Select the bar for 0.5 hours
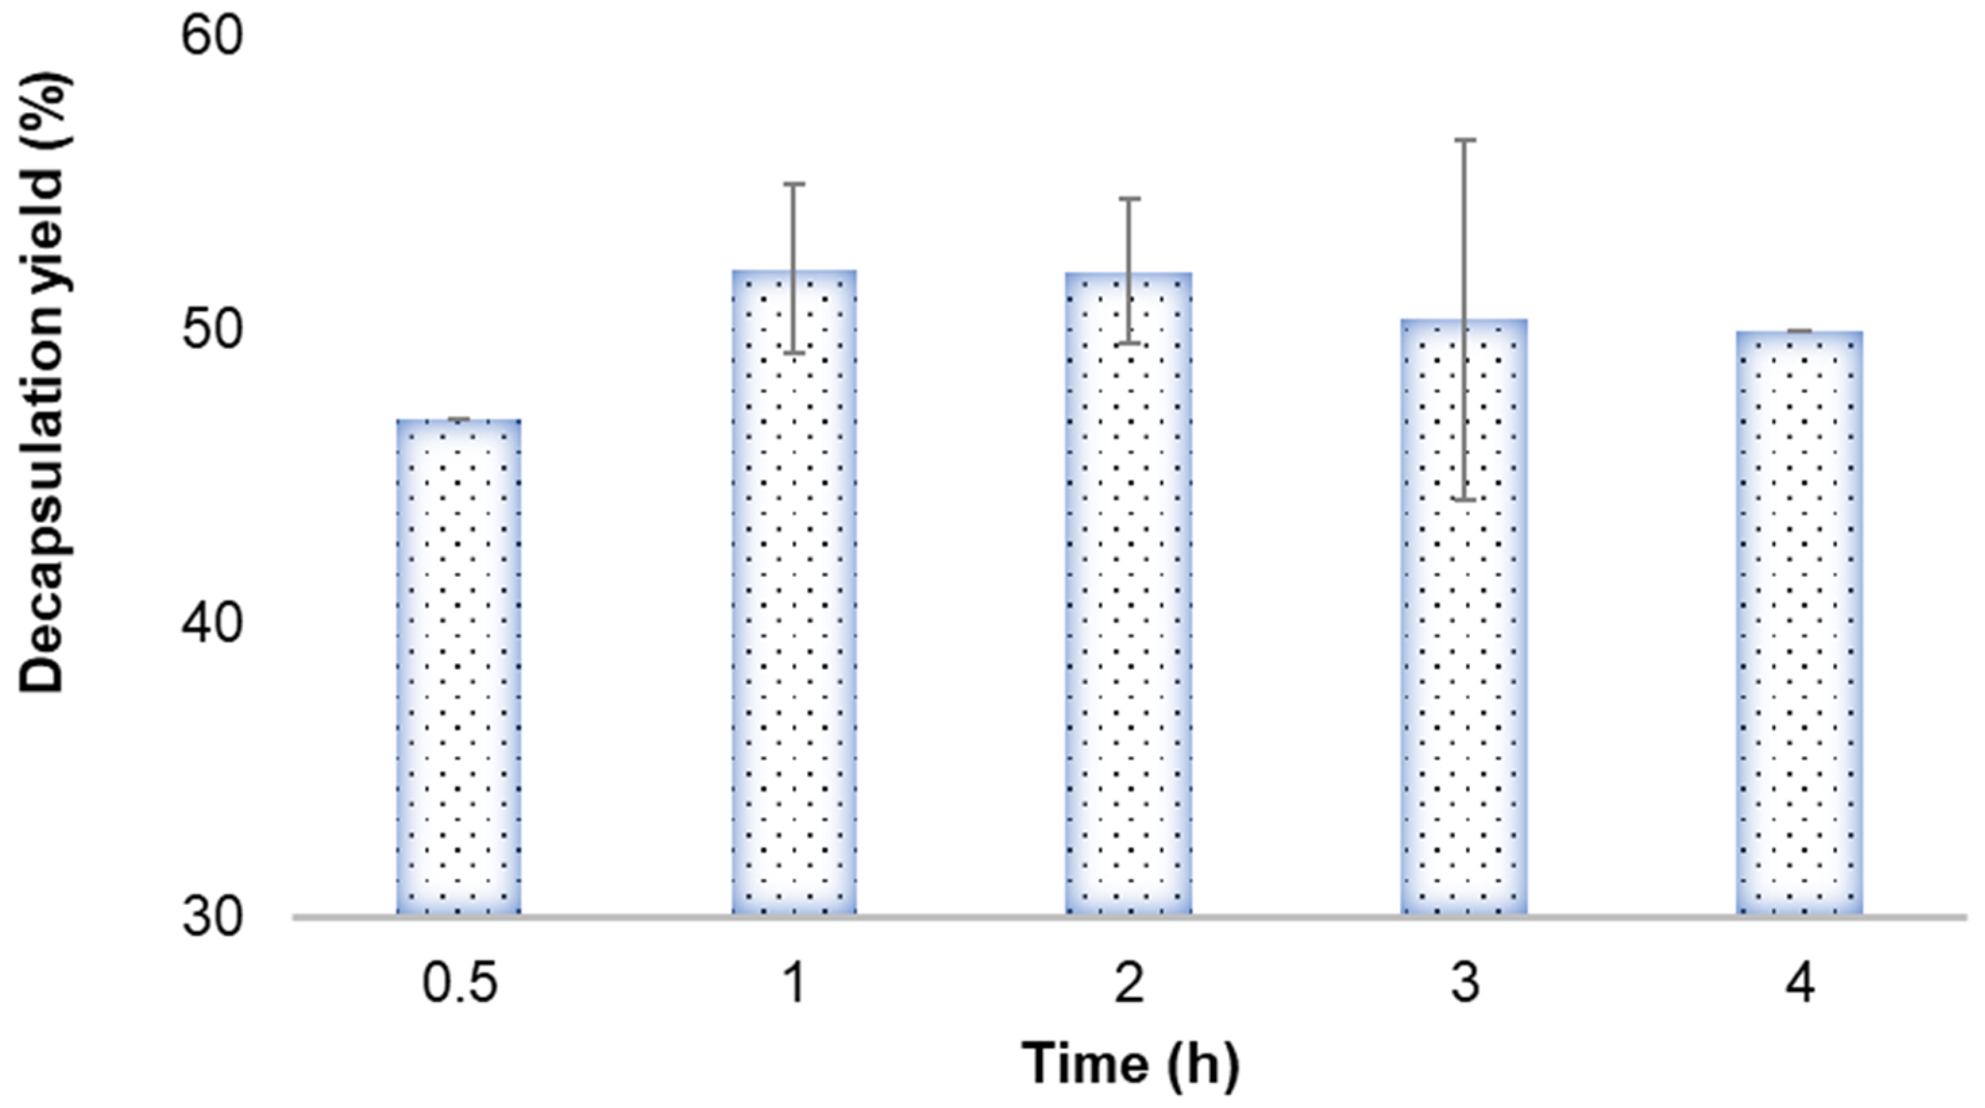pos(458,667)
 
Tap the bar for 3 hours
pos(1464,616)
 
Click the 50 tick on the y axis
pos(212,329)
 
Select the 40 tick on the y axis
pos(212,624)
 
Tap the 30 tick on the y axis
pos(212,918)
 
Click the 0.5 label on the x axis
pos(460,984)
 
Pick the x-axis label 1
pos(794,984)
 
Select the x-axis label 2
pos(1129,984)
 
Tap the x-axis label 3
pos(1464,984)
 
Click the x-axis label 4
pos(1799,984)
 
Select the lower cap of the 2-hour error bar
pos(1129,343)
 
